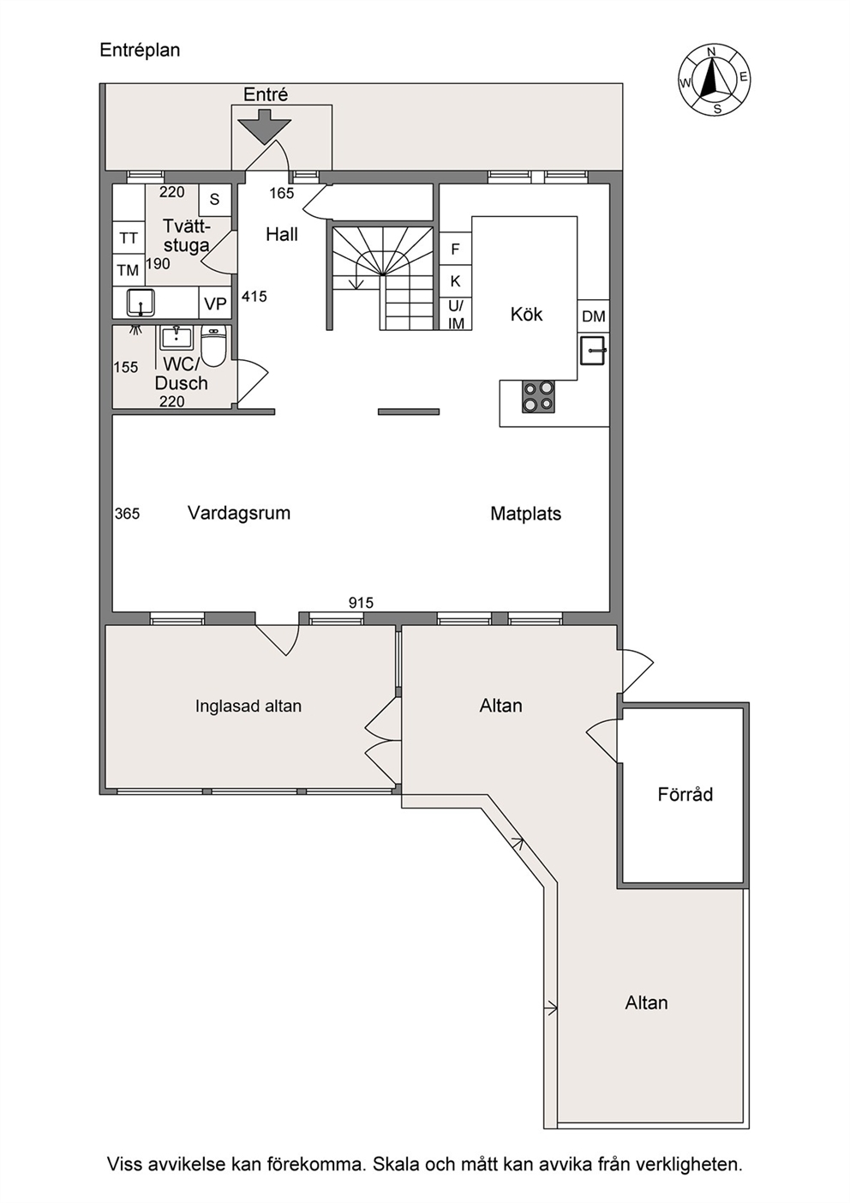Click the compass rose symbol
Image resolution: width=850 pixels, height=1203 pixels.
[x=714, y=80]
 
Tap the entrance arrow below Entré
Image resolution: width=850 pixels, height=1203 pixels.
[x=265, y=127]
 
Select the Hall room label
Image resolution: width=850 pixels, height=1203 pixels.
[x=282, y=235]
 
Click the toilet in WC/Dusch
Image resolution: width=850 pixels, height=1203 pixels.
[x=213, y=346]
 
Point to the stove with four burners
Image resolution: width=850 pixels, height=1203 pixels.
[x=538, y=396]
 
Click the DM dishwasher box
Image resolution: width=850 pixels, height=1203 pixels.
[x=594, y=316]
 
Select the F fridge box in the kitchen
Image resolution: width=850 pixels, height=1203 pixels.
[x=456, y=249]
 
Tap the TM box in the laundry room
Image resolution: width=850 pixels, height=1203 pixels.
[x=129, y=270]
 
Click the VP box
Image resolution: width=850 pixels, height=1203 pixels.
[x=215, y=304]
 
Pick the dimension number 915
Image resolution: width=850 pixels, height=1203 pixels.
[x=361, y=603]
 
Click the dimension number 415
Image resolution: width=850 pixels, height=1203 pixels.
[x=254, y=296]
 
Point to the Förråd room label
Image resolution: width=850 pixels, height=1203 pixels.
[x=685, y=794]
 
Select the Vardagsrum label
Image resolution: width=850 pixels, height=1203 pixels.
[x=239, y=513]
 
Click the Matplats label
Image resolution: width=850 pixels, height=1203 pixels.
[x=526, y=514]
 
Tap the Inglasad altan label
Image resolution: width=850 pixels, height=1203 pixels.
[x=248, y=705]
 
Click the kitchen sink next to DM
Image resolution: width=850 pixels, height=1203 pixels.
[x=594, y=350]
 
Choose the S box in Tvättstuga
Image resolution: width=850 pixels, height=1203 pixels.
[x=215, y=200]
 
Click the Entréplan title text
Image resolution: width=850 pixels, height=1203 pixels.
[x=140, y=51]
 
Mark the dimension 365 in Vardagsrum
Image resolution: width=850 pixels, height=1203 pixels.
[x=127, y=514]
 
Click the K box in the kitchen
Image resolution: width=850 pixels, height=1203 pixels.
[x=456, y=281]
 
